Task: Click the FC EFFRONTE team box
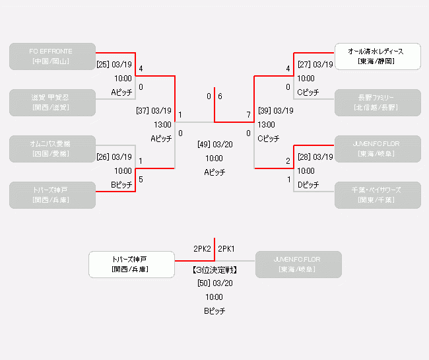pyautogui.click(x=52, y=56)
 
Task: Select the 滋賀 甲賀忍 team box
pyautogui.click(x=52, y=102)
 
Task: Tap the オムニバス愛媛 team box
pyautogui.click(x=52, y=149)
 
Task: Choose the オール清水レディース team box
pyautogui.click(x=377, y=56)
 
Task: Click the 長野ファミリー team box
pyautogui.click(x=377, y=102)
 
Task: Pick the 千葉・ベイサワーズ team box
pyautogui.click(x=377, y=195)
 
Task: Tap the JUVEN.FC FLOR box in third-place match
pyautogui.click(x=298, y=264)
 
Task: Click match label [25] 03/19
pyautogui.click(x=115, y=65)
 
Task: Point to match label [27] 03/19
pyautogui.click(x=315, y=65)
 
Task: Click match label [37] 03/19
pyautogui.click(x=154, y=111)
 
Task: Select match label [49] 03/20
pyautogui.click(x=214, y=144)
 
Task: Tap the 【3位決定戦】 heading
pyautogui.click(x=214, y=270)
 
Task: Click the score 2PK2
pyautogui.click(x=202, y=249)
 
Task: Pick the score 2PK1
pyautogui.click(x=227, y=249)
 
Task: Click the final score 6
pyautogui.click(x=220, y=96)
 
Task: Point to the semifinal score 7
pyautogui.click(x=249, y=116)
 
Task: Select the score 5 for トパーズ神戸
pyautogui.click(x=141, y=179)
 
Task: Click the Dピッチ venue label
pyautogui.click(x=308, y=185)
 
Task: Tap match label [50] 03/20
pyautogui.click(x=214, y=283)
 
